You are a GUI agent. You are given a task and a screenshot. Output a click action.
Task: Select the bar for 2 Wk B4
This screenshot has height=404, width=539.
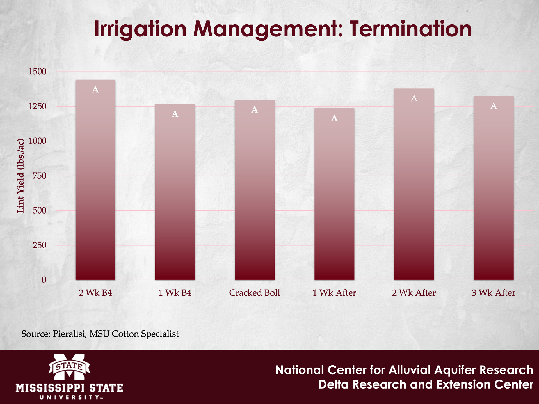pos(95,180)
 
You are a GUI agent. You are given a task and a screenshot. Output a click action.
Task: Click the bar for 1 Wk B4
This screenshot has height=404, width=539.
pos(175,192)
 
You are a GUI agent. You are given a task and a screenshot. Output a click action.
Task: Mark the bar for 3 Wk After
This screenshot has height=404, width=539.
pos(494,188)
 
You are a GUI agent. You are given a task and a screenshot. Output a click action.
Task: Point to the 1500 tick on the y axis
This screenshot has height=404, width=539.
pos(37,72)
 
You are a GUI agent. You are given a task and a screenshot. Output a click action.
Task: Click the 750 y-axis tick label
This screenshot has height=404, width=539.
pos(39,176)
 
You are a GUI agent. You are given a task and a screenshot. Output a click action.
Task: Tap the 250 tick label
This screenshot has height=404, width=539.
pos(39,245)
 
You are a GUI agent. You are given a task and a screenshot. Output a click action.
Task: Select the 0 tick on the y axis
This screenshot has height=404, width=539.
pos(44,280)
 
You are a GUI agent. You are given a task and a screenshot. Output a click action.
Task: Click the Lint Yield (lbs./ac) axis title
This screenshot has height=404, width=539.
pos(20,176)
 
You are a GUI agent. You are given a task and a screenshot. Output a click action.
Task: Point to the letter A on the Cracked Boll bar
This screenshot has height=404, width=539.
pos(255,109)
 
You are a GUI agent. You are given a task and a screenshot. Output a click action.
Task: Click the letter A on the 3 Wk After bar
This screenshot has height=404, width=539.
pos(494,106)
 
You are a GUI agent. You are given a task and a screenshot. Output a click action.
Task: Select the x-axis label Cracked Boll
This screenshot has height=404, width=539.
pos(255,293)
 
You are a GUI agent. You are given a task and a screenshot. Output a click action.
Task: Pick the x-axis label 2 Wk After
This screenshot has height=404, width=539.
pos(414,293)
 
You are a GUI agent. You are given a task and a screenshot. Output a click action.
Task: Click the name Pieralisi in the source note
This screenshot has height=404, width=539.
pos(70,334)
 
